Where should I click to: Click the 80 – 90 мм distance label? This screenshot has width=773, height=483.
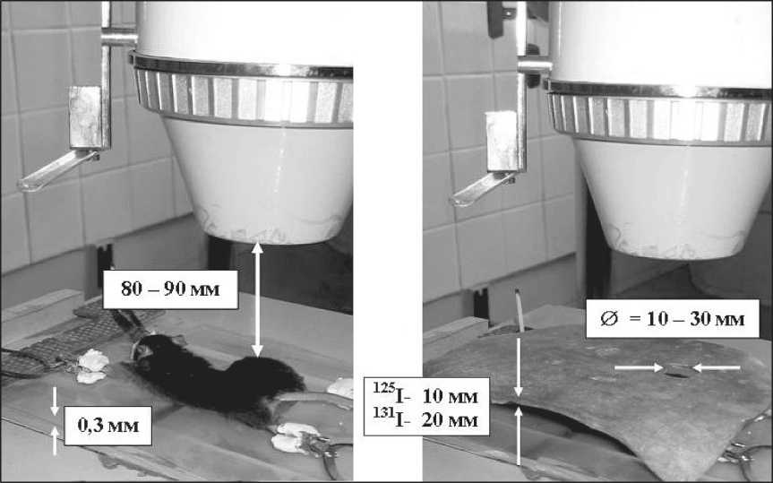coord(170,289)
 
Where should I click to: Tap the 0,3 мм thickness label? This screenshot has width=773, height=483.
coord(108,426)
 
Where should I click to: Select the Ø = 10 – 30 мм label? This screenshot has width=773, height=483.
coord(673,318)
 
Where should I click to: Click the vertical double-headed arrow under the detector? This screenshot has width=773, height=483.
coord(257,300)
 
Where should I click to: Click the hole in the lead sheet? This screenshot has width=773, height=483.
coord(678,371)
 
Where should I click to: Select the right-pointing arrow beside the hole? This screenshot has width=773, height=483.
coord(640,367)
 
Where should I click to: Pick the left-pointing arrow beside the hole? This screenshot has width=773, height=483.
coord(717,367)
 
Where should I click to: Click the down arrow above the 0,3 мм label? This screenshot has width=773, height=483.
coord(55,401)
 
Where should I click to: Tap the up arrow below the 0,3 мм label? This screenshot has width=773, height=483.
coord(55,441)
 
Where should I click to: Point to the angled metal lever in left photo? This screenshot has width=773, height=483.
coord(57,170)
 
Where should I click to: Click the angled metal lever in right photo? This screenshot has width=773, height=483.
coord(482,189)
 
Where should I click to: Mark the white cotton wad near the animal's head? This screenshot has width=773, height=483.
coord(91,367)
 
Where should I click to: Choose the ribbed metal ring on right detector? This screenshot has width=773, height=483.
coord(657,114)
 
